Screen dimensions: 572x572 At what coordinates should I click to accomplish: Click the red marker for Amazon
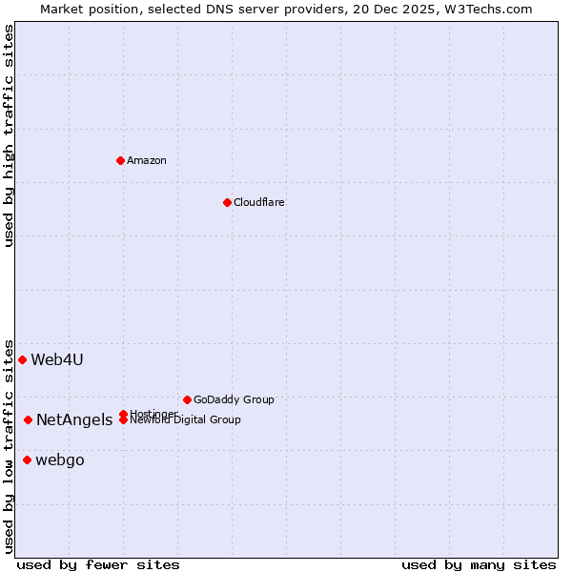click(x=120, y=160)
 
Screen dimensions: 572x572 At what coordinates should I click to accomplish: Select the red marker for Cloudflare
click(x=227, y=202)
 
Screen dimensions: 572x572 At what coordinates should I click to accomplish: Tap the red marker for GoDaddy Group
click(x=187, y=399)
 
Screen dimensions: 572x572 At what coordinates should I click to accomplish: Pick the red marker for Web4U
click(x=22, y=359)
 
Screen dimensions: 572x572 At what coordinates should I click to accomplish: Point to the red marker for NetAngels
click(x=28, y=419)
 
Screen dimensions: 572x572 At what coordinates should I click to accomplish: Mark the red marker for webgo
click(x=27, y=460)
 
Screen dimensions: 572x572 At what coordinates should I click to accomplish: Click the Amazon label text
click(x=147, y=160)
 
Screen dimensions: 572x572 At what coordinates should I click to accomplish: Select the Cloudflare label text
click(x=259, y=202)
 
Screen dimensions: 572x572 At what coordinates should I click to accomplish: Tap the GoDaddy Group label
click(x=234, y=399)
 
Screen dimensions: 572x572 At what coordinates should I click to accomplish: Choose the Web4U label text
click(x=57, y=359)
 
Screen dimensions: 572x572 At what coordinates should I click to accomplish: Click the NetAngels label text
click(x=74, y=419)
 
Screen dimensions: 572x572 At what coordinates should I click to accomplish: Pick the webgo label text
click(x=60, y=460)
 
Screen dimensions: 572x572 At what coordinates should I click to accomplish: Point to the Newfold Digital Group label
click(x=186, y=419)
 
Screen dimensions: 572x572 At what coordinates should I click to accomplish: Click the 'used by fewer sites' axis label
click(x=98, y=564)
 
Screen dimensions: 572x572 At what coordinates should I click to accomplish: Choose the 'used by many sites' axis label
click(x=479, y=564)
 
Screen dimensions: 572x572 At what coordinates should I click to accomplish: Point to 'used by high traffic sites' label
click(x=10, y=135)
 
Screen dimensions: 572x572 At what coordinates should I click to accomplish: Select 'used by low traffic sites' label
click(x=10, y=446)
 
